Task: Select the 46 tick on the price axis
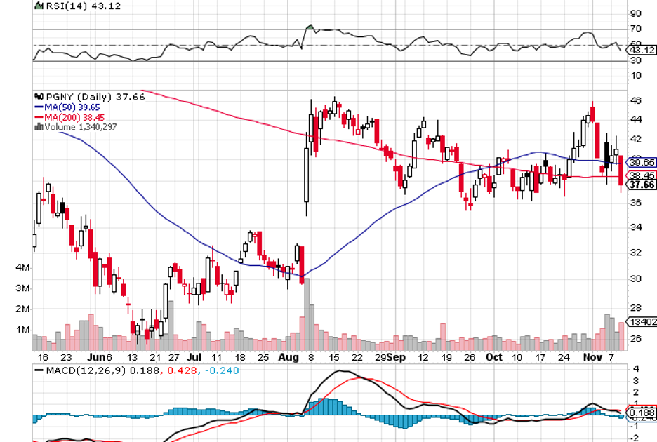coord(636,101)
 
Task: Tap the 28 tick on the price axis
coord(636,308)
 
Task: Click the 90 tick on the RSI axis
coord(636,13)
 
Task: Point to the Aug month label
coord(287,357)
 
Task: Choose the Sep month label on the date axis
coord(397,357)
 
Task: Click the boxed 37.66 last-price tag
coord(641,185)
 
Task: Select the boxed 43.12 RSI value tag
coord(641,51)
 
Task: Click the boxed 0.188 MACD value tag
coord(641,413)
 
